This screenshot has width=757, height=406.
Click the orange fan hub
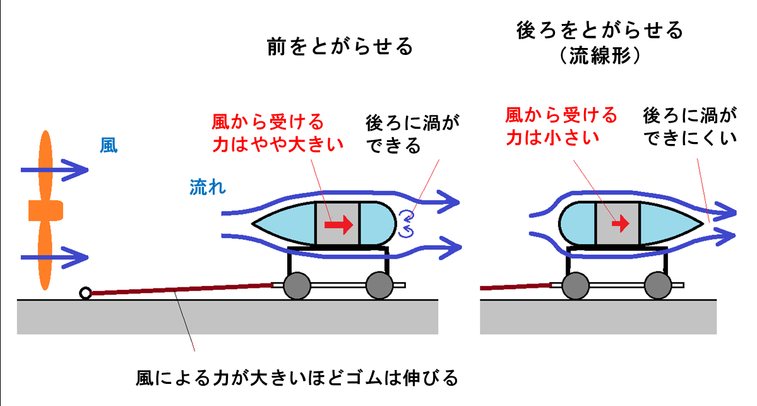[45, 211]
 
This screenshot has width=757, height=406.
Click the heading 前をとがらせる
[340, 47]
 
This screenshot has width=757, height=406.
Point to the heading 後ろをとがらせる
[599, 30]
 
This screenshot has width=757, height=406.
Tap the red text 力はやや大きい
[278, 143]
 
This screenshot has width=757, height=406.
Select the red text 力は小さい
[552, 137]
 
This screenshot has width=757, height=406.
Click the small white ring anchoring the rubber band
[85, 293]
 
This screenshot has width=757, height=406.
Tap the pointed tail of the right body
[701, 223]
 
